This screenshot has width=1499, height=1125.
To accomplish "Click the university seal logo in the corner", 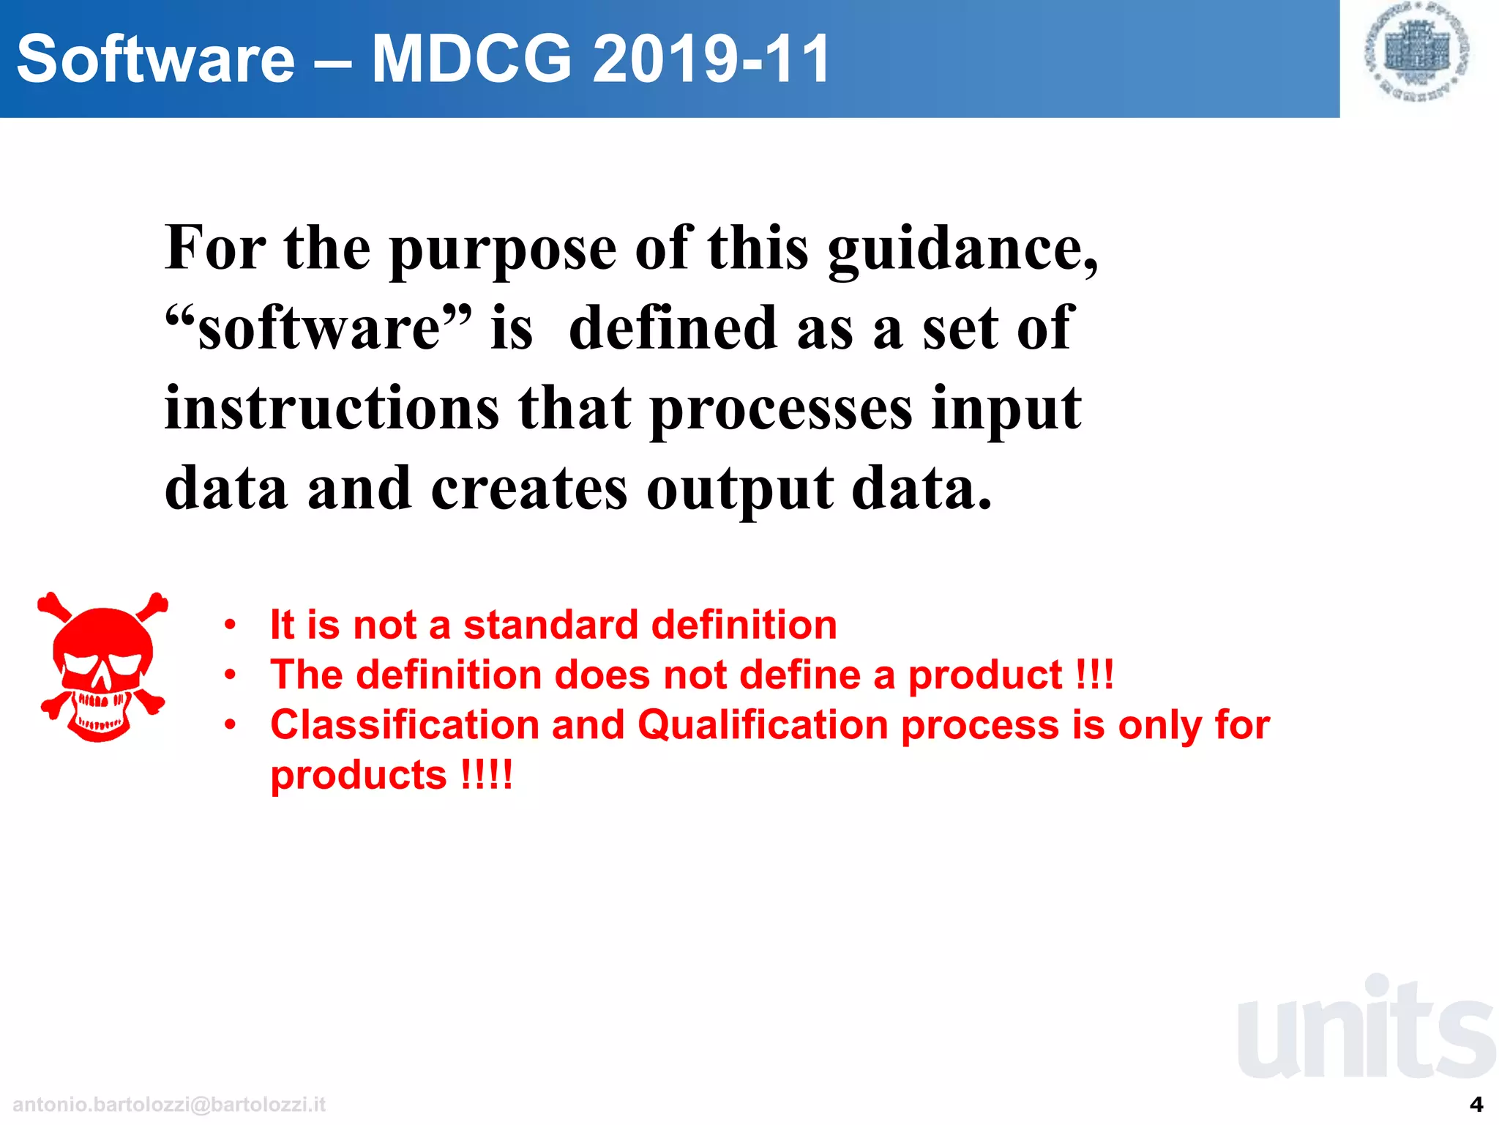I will [1418, 51].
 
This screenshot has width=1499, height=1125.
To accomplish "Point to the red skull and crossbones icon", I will [102, 667].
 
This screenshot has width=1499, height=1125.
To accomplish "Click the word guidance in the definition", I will [962, 249].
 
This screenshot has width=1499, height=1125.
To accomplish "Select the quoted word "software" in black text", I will [318, 329].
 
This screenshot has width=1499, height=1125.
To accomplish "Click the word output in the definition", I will [739, 489].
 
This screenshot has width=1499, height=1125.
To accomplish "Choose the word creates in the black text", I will [528, 489].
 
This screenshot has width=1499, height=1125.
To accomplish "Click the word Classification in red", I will [405, 725].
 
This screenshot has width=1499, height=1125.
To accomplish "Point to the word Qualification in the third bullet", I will [763, 725].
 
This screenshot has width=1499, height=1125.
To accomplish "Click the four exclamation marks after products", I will [487, 775].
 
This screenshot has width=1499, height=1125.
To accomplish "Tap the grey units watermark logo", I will [1365, 1029].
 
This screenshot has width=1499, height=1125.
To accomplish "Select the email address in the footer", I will [169, 1104].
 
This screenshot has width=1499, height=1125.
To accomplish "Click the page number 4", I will [1476, 1104].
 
